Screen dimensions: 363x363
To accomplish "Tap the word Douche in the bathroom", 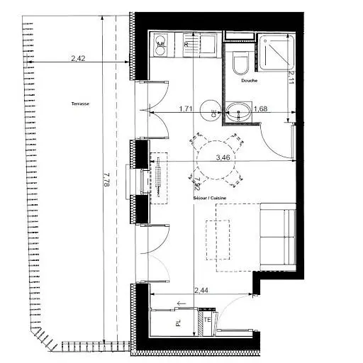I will click(x=249, y=80).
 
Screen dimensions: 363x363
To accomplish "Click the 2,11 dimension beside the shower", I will click(x=291, y=75).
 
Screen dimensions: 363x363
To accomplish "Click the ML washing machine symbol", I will click(x=161, y=47).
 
